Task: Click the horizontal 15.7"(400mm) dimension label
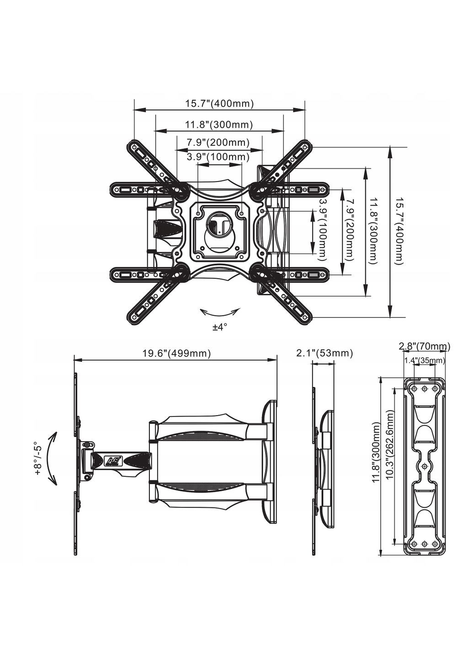coord(219,104)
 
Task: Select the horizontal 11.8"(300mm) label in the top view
coord(219,124)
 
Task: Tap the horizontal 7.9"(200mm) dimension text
coord(218,142)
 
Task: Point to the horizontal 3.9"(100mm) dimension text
coord(218,157)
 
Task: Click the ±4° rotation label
coord(220,327)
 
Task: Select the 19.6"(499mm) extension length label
coord(176,353)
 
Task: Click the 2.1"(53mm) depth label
coord(324,353)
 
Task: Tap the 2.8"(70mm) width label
coord(424,347)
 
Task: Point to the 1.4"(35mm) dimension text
coord(424,360)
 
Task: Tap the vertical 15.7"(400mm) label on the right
coord(399,231)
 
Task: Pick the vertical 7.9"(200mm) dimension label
coord(350,230)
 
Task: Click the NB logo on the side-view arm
coord(112,460)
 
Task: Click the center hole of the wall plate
coord(425,466)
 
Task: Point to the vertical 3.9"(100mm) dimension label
coord(324,230)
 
